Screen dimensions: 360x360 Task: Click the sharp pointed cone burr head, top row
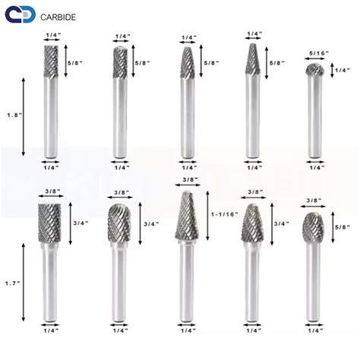coord(253,57)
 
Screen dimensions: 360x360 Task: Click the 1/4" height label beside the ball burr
coord(344,71)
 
